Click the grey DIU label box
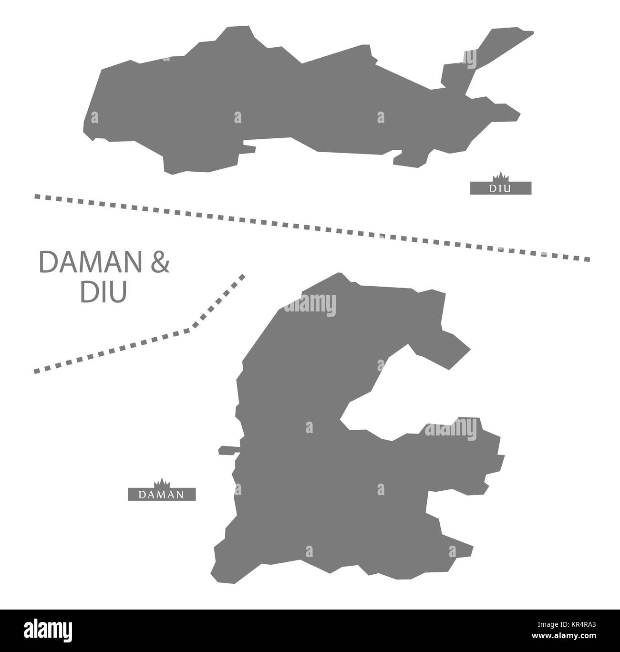click(x=500, y=188)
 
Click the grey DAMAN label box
click(x=162, y=494)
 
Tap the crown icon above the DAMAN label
click(x=162, y=482)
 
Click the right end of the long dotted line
click(x=588, y=259)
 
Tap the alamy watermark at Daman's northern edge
click(x=310, y=303)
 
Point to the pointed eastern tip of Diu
click(x=518, y=115)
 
